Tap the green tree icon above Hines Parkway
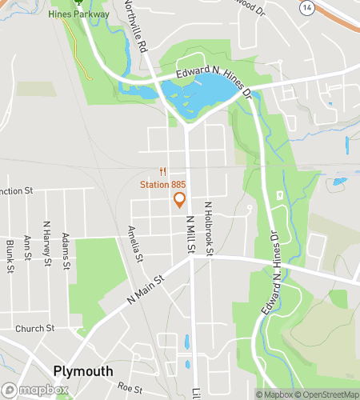[x=79, y=2]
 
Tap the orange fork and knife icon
[x=162, y=170]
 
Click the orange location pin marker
[x=179, y=200]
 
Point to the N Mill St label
[x=190, y=232]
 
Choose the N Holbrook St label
[x=208, y=228]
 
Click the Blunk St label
[x=10, y=254]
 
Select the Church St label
[x=34, y=328]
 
